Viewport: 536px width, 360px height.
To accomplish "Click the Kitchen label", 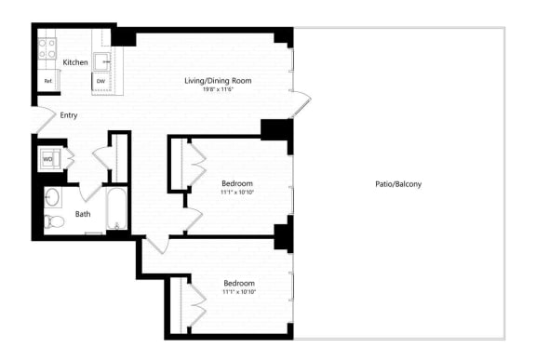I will click(75, 62).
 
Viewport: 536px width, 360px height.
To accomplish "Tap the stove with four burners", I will click(48, 47).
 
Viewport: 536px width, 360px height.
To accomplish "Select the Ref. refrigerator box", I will click(47, 82).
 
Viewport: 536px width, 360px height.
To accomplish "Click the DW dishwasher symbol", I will click(100, 82).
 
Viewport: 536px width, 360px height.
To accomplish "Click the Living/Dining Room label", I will click(218, 81).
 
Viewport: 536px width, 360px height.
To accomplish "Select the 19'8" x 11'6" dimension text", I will click(218, 90).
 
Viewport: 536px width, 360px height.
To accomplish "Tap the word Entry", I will click(69, 115).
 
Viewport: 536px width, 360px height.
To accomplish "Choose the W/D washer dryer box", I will click(47, 159).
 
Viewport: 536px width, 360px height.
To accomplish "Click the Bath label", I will click(83, 214).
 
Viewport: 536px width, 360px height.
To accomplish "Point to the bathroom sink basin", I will click(53, 197).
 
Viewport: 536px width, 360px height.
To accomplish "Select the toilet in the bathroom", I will click(53, 221).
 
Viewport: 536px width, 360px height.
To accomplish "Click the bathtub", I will click(116, 209).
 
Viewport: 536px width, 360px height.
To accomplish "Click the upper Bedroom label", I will click(237, 182).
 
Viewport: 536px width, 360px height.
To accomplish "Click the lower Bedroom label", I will click(238, 283).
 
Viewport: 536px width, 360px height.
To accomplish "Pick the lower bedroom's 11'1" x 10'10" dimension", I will click(238, 292).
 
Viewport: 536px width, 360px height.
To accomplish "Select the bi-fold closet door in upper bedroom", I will click(196, 163).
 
